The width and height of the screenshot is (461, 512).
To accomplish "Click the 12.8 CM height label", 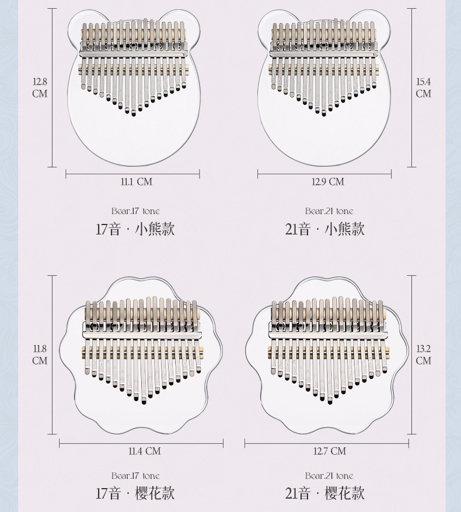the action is click(x=40, y=87).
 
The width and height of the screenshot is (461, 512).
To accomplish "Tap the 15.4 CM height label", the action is click(x=423, y=87).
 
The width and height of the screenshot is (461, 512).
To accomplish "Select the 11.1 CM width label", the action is click(x=136, y=182).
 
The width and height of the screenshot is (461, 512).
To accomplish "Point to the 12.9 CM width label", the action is click(x=328, y=182).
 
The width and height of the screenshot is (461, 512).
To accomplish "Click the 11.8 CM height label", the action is click(x=40, y=355).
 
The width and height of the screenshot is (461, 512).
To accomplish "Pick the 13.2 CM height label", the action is click(x=423, y=355).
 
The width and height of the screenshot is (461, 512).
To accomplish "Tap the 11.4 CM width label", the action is click(x=144, y=451).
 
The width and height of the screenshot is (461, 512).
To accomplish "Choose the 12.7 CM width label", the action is click(x=330, y=451).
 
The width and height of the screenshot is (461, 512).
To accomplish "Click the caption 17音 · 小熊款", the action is click(x=135, y=229).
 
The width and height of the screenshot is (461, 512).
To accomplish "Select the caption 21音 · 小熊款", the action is click(x=324, y=229).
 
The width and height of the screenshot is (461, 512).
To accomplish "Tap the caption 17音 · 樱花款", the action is click(x=135, y=493).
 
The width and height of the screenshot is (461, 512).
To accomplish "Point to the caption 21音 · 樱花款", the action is click(x=324, y=493).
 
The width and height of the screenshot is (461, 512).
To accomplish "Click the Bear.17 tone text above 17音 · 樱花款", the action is click(x=135, y=476).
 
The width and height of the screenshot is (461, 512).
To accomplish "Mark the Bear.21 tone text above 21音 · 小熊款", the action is click(x=329, y=211).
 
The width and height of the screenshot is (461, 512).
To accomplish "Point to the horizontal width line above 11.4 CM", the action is click(x=141, y=444).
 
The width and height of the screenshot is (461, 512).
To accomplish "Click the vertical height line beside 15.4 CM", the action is click(x=412, y=87).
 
